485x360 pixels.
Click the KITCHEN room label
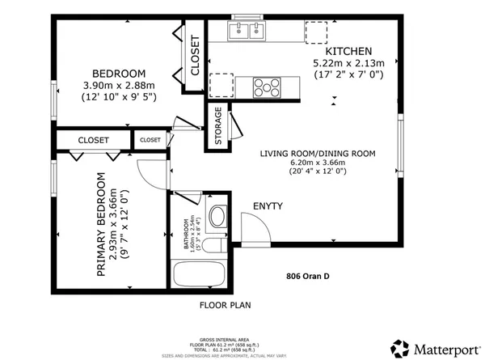[x=348, y=49]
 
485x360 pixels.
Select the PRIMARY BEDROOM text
[x=102, y=225]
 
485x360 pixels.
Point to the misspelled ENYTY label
[x=268, y=206]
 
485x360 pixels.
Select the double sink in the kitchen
[x=247, y=31]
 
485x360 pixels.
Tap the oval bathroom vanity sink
[x=217, y=217]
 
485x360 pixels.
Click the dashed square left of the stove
[x=221, y=84]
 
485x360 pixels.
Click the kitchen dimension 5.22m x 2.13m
[x=348, y=62]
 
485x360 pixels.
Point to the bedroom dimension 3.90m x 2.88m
[x=118, y=85]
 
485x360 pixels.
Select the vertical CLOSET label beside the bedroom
[x=195, y=57]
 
